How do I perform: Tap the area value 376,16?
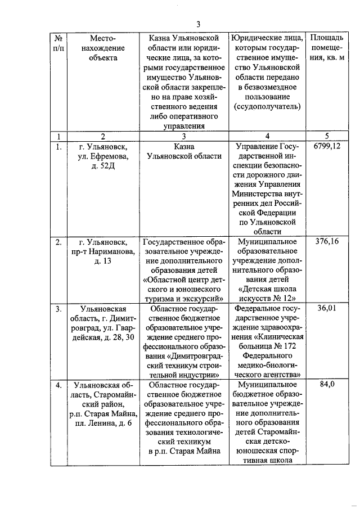coord(327,242)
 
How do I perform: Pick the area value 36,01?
coord(327,308)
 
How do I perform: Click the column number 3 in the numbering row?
coord(183,136)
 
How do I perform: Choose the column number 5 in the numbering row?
coord(327,136)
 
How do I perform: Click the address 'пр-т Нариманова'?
coord(103,252)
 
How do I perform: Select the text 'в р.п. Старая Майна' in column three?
coord(183,452)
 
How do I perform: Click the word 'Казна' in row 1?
coord(183,146)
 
